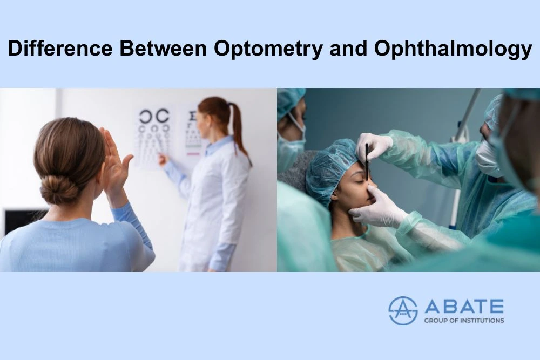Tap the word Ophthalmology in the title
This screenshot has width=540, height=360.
tap(453, 49)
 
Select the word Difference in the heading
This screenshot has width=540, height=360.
tap(60, 48)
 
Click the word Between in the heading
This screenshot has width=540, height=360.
tap(163, 48)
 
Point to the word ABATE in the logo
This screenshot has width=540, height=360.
tap(464, 306)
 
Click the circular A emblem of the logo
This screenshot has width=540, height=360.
tap(403, 310)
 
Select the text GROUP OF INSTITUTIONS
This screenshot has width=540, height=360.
tap(464, 321)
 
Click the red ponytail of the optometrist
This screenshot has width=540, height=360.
tap(238, 127)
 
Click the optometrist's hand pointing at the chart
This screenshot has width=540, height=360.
tap(163, 159)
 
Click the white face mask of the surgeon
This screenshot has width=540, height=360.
tap(489, 158)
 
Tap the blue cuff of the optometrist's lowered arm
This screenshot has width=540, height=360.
tap(220, 256)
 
